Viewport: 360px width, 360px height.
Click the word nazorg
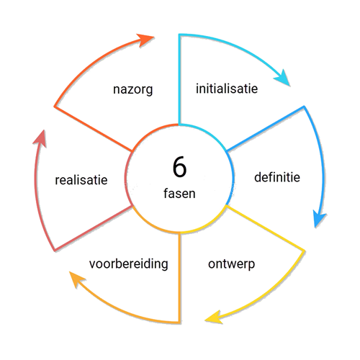132,89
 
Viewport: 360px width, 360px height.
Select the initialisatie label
227,89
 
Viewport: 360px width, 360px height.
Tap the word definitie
277,177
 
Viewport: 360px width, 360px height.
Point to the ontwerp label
231,264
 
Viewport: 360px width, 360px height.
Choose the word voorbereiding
129,264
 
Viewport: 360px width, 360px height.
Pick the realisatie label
81,180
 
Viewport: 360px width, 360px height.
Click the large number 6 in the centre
179,167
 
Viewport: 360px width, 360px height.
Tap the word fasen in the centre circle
179,194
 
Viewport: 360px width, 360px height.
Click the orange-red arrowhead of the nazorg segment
145,40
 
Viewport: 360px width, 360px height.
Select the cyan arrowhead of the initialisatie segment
283,78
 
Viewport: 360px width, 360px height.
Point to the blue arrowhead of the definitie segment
319,219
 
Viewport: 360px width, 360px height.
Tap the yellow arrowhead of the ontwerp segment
214,318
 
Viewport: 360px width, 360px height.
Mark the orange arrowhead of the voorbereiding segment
77,279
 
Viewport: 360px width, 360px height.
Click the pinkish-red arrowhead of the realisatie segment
40,139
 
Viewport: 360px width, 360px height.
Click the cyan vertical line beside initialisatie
179,80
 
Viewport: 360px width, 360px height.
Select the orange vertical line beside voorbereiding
179,278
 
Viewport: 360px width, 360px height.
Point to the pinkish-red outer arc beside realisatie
37,192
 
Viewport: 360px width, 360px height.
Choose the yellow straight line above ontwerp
265,228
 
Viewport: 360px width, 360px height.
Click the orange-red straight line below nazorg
93,129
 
